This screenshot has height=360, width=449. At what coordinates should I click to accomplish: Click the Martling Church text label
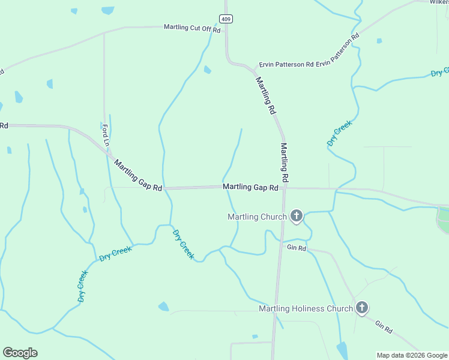pos(258,217)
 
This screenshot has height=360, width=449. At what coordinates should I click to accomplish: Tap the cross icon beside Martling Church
pos(296,216)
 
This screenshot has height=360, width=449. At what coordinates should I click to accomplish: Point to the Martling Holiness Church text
pos(306,309)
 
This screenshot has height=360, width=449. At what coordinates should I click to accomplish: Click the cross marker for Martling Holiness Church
pos(361,308)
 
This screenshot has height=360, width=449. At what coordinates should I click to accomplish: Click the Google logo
pos(20,353)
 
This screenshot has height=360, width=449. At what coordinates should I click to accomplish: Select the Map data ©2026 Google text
pos(411,355)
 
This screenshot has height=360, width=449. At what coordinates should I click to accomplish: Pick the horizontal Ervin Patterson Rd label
pos(286,65)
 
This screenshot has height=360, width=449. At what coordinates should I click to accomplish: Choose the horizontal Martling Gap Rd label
pos(250,187)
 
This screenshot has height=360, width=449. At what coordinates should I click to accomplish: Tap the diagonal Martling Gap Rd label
pos(138,176)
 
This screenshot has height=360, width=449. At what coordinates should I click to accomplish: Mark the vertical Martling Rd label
pos(285,162)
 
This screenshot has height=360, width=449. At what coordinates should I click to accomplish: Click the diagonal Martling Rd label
pos(265,96)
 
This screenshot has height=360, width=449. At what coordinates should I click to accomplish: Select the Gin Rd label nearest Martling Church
pos(297,247)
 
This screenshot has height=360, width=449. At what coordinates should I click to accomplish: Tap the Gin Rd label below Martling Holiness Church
pos(384,326)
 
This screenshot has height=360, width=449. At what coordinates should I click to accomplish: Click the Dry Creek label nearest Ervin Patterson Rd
pos(339,134)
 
